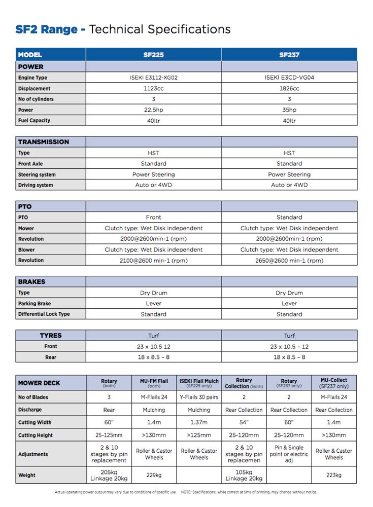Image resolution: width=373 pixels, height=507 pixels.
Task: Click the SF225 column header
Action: point(153,55)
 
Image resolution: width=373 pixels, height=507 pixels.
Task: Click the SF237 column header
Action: point(289,55)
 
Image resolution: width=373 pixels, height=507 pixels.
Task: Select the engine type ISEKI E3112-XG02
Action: point(153,78)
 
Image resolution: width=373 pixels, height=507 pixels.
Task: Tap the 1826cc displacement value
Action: point(289,88)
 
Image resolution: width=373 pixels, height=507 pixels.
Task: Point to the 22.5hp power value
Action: point(153,110)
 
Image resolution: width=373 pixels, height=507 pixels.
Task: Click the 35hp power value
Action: point(289,110)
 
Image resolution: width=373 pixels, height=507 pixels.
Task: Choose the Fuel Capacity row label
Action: point(35,121)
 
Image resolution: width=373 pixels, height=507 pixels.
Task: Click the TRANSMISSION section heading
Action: point(44,142)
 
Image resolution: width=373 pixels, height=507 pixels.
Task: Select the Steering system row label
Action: point(37,174)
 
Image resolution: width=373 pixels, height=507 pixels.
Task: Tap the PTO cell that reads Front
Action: point(153,218)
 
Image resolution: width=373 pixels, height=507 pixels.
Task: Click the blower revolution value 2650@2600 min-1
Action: point(289,261)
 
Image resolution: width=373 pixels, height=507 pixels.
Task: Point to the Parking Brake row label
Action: point(35,304)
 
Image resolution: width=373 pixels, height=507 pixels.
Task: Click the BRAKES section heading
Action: point(32,282)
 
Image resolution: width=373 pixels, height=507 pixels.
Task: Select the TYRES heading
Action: point(51,336)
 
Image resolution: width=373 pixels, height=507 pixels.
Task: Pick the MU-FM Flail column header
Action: point(154,383)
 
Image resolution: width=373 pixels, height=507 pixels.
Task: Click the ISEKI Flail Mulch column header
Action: point(199,383)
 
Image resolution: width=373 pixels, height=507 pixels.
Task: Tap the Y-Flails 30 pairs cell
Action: point(199,397)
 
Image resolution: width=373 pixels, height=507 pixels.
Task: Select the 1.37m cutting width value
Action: point(199,422)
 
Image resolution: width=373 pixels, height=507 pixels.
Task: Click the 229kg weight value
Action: point(154,475)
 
